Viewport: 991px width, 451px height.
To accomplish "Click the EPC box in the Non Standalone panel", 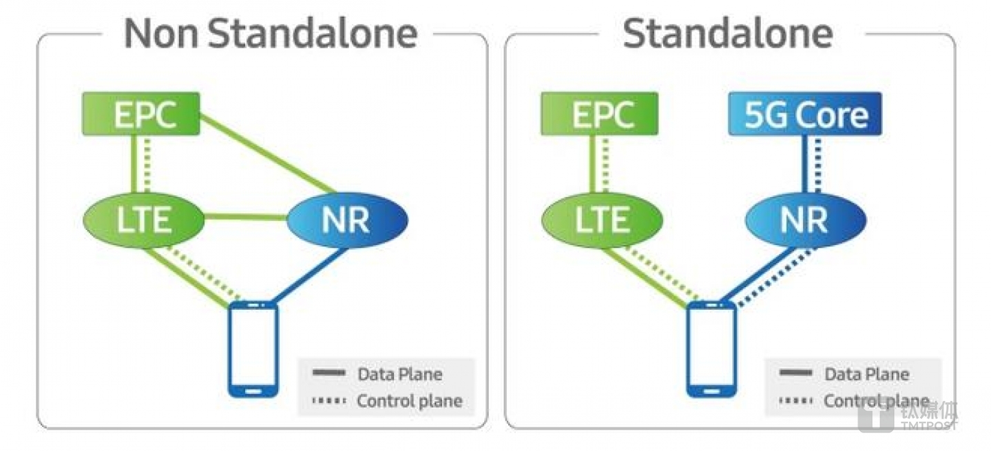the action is pyautogui.click(x=141, y=114).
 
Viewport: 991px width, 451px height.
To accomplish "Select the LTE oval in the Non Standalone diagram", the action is pyautogui.click(x=144, y=220).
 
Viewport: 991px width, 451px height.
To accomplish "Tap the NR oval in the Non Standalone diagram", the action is pyautogui.click(x=347, y=220).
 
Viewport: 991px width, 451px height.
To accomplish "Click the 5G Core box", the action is pyautogui.click(x=805, y=114).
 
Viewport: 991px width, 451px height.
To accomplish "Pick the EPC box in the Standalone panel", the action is pyautogui.click(x=599, y=114).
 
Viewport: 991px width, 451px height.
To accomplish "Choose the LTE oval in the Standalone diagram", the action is pyautogui.click(x=602, y=220).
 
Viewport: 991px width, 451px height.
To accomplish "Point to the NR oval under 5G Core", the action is pyautogui.click(x=806, y=220).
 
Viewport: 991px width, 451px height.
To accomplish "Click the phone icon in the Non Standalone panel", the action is pyautogui.click(x=253, y=349).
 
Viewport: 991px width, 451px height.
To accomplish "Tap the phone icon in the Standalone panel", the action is pyautogui.click(x=711, y=349).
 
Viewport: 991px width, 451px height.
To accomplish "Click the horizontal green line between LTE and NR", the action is pyautogui.click(x=246, y=217).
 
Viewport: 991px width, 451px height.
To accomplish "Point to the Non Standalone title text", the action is pyautogui.click(x=271, y=34).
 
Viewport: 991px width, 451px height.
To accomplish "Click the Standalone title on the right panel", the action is pyautogui.click(x=728, y=34).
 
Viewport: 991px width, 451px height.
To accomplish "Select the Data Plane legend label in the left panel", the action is pyautogui.click(x=400, y=375).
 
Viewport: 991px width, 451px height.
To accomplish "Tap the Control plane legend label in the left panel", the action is pyautogui.click(x=410, y=401).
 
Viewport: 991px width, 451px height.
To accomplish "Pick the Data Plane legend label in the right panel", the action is pyautogui.click(x=866, y=375).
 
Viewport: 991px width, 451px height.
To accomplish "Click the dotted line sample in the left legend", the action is pyautogui.click(x=329, y=401).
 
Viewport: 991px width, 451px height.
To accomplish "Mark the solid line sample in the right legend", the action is pyautogui.click(x=795, y=373).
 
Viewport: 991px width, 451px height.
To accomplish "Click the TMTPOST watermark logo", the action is pyautogui.click(x=908, y=416).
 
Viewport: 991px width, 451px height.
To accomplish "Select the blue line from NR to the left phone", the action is pyautogui.click(x=309, y=275).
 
